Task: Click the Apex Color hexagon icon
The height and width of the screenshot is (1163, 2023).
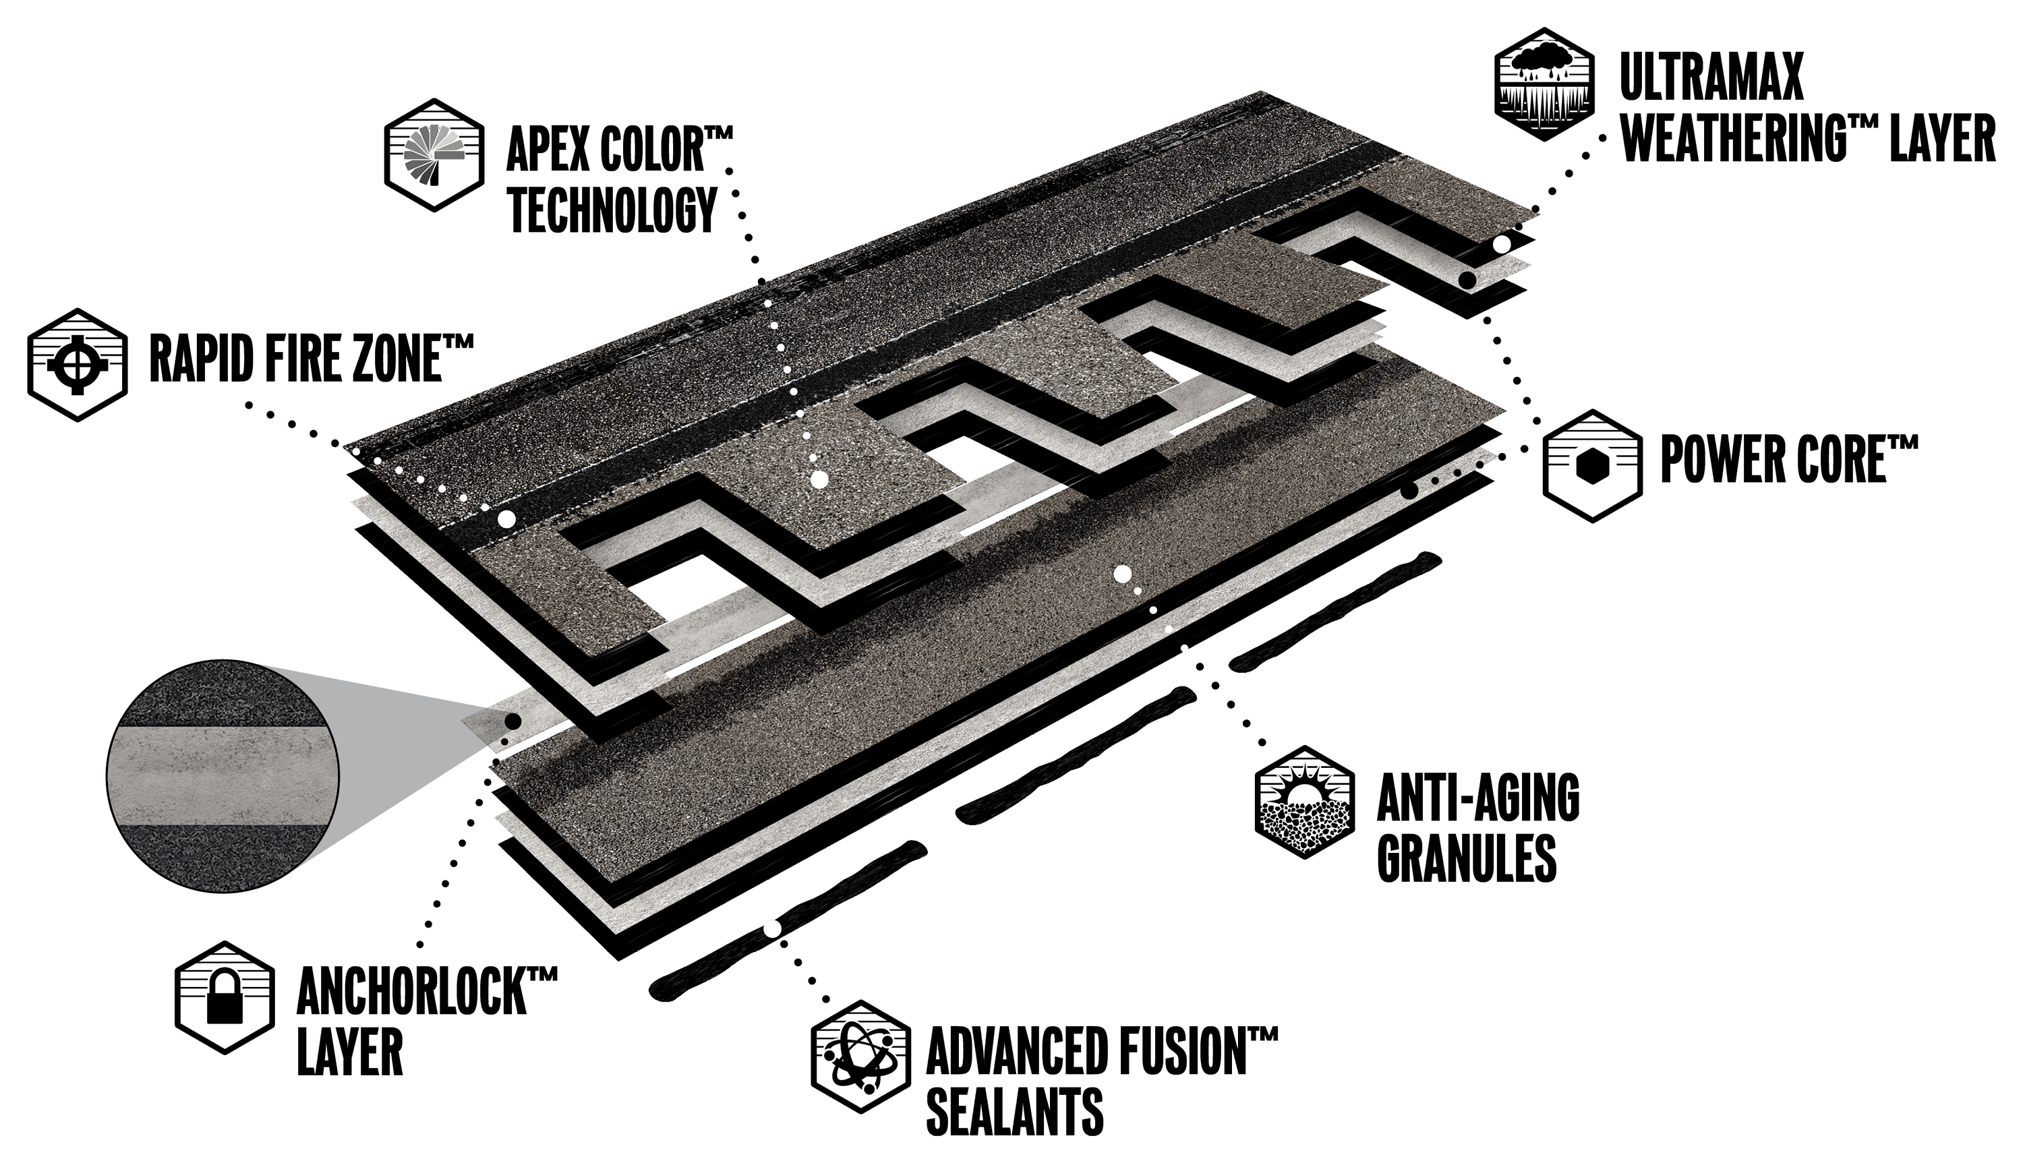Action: pyautogui.click(x=434, y=155)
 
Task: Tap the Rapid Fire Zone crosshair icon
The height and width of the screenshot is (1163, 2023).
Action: pyautogui.click(x=78, y=365)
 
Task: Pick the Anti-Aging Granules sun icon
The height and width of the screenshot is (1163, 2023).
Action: pyautogui.click(x=1305, y=802)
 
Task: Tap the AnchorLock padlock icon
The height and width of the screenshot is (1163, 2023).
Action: pyautogui.click(x=225, y=998)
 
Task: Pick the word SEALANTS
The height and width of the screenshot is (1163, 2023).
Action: pyautogui.click(x=1015, y=1110)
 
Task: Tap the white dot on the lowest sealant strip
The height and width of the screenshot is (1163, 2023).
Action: pyautogui.click(x=771, y=929)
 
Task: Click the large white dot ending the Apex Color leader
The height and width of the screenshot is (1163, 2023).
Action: pyautogui.click(x=819, y=480)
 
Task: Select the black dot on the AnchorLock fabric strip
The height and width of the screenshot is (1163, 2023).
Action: pyautogui.click(x=514, y=721)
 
